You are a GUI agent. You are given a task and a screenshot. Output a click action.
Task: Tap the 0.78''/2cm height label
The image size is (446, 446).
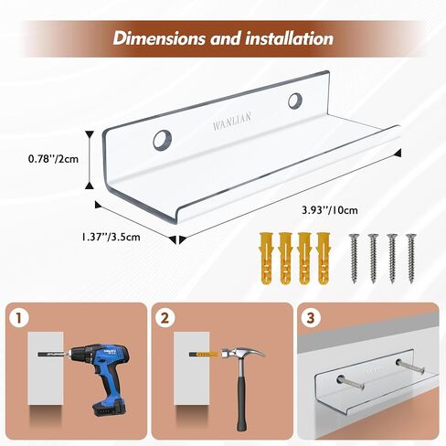(53, 159)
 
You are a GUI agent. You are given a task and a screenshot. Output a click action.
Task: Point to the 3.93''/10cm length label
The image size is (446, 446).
(330, 210)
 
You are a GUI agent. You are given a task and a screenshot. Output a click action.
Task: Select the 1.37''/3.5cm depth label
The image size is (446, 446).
(111, 237)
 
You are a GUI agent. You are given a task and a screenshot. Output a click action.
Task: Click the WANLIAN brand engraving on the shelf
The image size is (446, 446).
(232, 121)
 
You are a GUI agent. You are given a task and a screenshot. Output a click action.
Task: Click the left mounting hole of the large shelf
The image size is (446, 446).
(163, 140)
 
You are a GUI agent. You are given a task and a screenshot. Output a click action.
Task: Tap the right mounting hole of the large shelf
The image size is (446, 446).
(295, 101)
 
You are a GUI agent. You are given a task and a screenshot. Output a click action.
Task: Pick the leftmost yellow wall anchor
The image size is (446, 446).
(266, 259)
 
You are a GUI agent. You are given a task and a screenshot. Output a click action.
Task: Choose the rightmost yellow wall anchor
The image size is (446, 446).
(324, 259)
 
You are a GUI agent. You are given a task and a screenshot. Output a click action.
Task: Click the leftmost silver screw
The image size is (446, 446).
(354, 259)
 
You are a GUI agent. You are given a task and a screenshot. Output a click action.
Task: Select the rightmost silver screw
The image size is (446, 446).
(411, 259)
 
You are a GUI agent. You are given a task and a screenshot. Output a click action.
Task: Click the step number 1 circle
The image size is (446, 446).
(19, 318)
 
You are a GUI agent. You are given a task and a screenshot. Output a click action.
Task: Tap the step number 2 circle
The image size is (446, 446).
(165, 318)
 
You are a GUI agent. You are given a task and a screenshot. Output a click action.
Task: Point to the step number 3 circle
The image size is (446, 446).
(311, 318)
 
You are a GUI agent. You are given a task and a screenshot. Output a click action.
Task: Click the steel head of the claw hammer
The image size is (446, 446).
(243, 355)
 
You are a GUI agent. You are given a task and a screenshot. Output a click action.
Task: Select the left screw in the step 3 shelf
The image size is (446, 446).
(351, 382)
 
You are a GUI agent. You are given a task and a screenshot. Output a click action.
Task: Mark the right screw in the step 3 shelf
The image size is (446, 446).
(410, 366)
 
